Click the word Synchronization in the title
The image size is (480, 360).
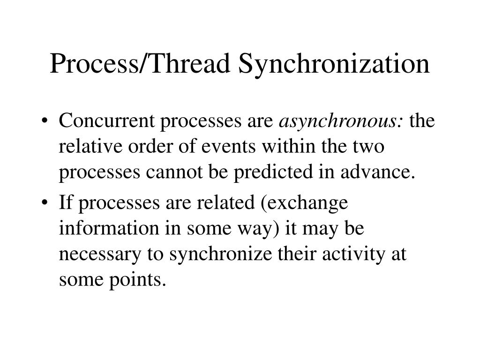point(333,64)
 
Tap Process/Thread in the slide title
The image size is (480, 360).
point(141,64)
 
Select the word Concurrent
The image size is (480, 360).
point(107,121)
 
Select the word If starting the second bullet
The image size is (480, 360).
point(65,203)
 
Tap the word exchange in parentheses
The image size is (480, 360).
point(309,203)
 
